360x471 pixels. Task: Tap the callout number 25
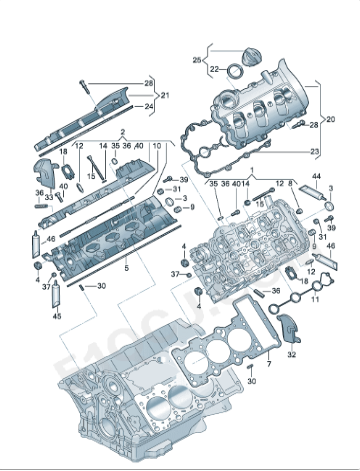click(x=197, y=61)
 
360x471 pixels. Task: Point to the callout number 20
click(x=331, y=120)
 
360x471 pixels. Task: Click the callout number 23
click(x=316, y=151)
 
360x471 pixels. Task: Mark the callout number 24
click(x=149, y=105)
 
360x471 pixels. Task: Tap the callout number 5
click(x=126, y=269)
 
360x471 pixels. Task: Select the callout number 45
click(x=57, y=316)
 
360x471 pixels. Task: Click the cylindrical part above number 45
click(x=57, y=294)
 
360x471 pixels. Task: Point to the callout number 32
click(x=292, y=353)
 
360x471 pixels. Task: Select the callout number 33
click(x=46, y=197)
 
